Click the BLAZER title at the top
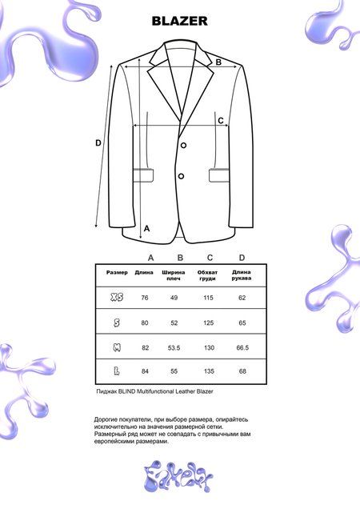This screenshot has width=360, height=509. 180,22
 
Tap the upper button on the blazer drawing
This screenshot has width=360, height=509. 183,145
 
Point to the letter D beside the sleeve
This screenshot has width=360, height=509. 98,143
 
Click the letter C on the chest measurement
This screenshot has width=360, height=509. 221,122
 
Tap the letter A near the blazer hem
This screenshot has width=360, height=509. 146,228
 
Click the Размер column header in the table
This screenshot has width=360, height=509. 117,273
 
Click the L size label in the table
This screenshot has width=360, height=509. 117,371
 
